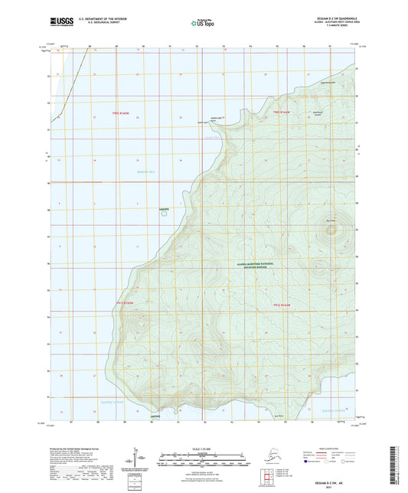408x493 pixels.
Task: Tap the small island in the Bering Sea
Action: pyautogui.click(x=162, y=213)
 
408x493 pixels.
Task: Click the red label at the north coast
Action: pyautogui.click(x=282, y=113)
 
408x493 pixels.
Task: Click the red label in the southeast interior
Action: pyautogui.click(x=282, y=305)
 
